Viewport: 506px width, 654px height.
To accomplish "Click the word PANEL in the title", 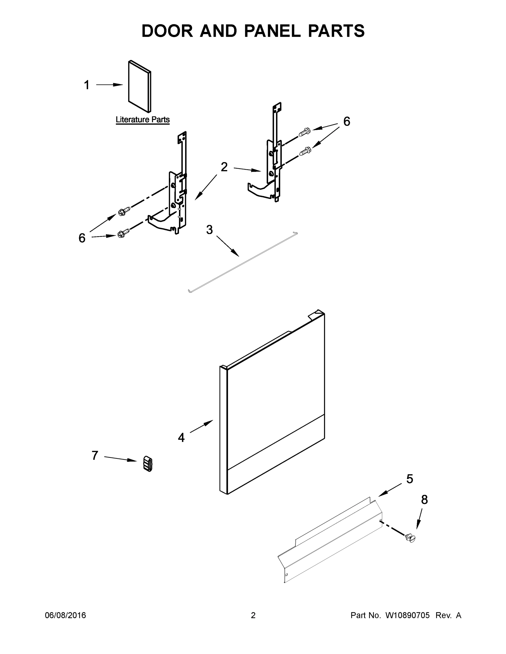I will (x=272, y=31).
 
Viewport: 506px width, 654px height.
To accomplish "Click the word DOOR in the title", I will (x=167, y=31).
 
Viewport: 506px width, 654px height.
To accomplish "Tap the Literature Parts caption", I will (x=143, y=120).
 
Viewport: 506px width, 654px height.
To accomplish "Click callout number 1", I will (x=87, y=85).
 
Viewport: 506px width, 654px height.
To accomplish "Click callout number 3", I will (x=209, y=230).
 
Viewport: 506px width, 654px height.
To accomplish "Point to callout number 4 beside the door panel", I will (x=181, y=438).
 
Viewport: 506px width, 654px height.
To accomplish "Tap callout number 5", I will (x=409, y=479).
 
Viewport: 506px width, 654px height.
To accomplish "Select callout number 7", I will (x=95, y=455).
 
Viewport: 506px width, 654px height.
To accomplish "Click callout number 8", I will (x=424, y=499).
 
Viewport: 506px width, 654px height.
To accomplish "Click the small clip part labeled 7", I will (x=148, y=464).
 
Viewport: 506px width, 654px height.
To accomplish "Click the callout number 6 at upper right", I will (x=346, y=122).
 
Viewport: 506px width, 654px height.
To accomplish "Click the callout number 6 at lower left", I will (x=82, y=238).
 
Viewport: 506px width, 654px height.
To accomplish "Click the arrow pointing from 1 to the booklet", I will (x=109, y=85).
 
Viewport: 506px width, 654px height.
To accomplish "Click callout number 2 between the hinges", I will (x=224, y=167).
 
